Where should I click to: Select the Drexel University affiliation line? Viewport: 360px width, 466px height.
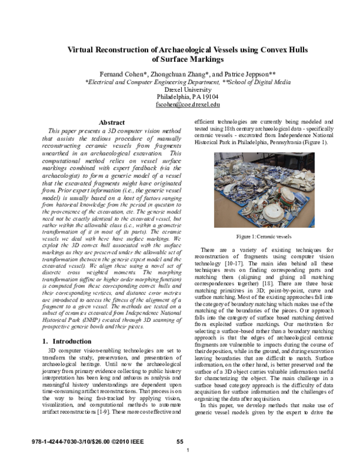pyautogui.click(x=179, y=88)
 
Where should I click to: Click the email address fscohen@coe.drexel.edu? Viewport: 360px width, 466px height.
pyautogui.click(x=179, y=103)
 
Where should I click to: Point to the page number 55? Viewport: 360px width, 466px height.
pyautogui.click(x=179, y=442)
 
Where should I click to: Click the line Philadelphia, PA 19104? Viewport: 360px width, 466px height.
pyautogui.click(x=179, y=95)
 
